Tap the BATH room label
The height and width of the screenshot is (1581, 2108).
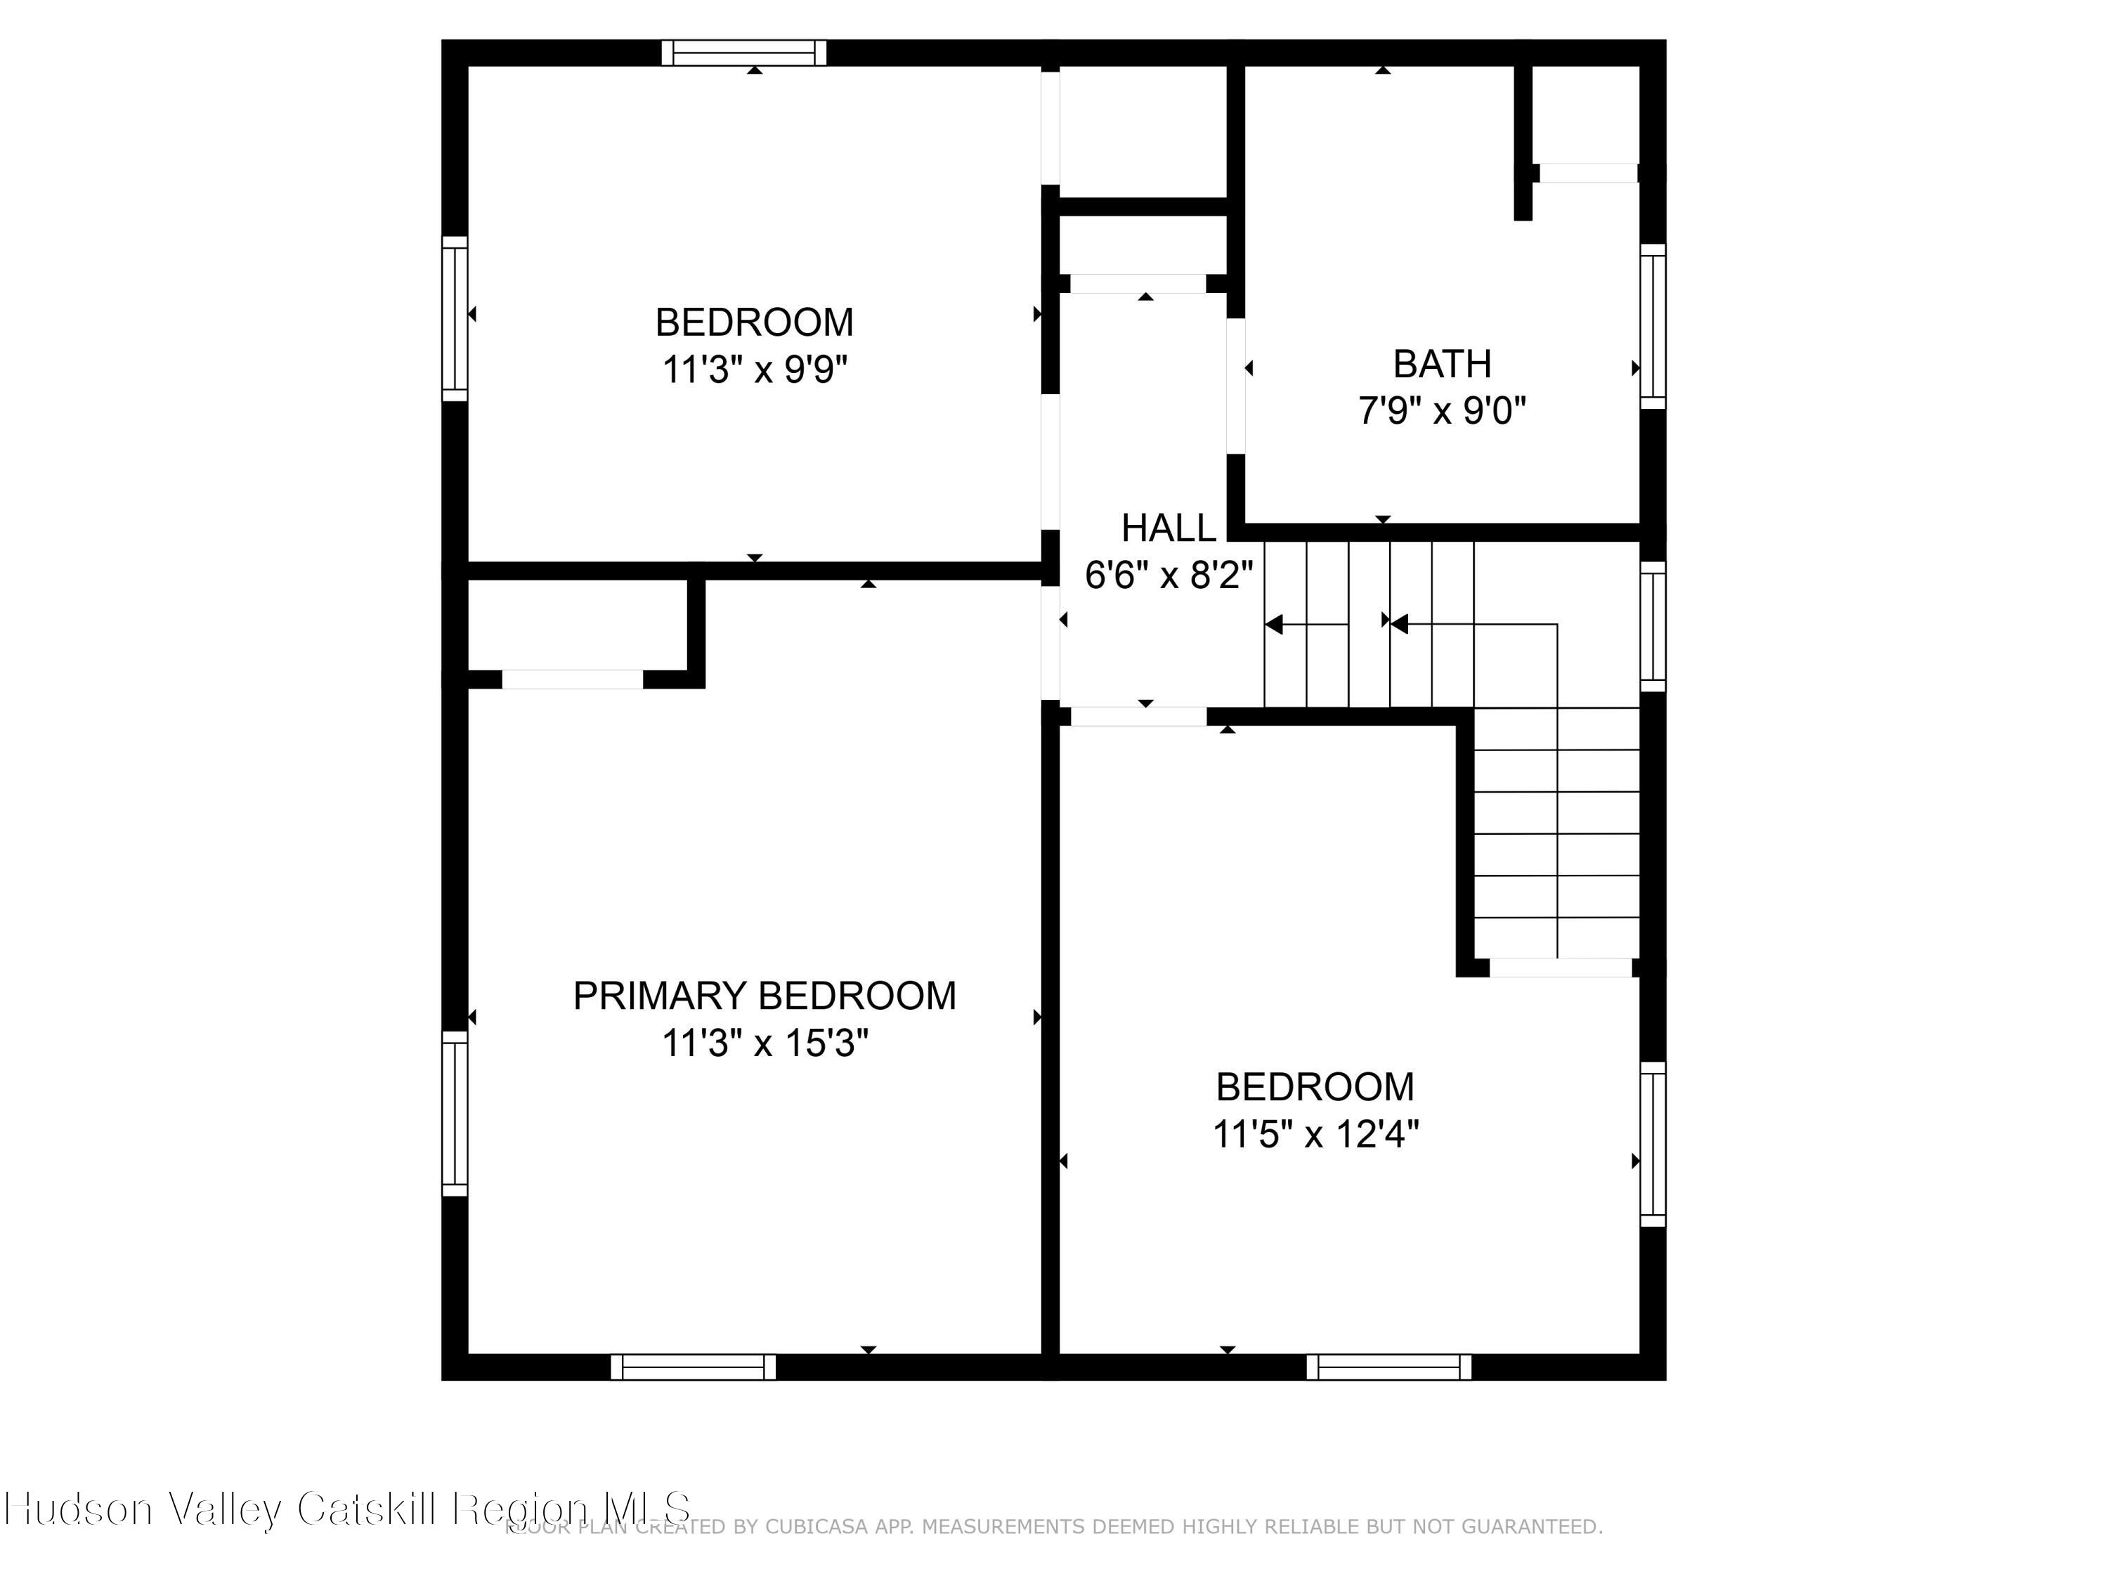point(1442,364)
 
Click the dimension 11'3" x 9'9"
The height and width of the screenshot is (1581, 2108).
point(755,370)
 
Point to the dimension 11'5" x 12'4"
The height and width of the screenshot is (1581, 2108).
point(1315,1135)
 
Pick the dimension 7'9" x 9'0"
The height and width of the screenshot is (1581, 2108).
point(1442,412)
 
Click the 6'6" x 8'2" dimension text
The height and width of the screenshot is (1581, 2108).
point(1169,575)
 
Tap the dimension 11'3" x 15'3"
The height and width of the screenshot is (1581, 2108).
point(765,1043)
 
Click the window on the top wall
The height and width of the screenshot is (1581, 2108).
point(744,53)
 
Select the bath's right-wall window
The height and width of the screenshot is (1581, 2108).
point(1653,326)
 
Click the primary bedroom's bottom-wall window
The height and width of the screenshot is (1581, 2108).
point(693,1367)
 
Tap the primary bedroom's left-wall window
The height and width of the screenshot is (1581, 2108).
point(455,1113)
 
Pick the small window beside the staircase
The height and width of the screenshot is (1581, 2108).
point(1653,626)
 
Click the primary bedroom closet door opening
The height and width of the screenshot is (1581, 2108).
point(572,679)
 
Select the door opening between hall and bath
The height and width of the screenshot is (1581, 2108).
point(1236,386)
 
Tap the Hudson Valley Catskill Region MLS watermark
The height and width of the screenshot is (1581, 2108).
point(348,1508)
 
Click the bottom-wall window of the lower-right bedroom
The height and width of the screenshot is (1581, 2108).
point(1388,1367)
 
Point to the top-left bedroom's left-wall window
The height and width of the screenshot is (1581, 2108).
point(455,318)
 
